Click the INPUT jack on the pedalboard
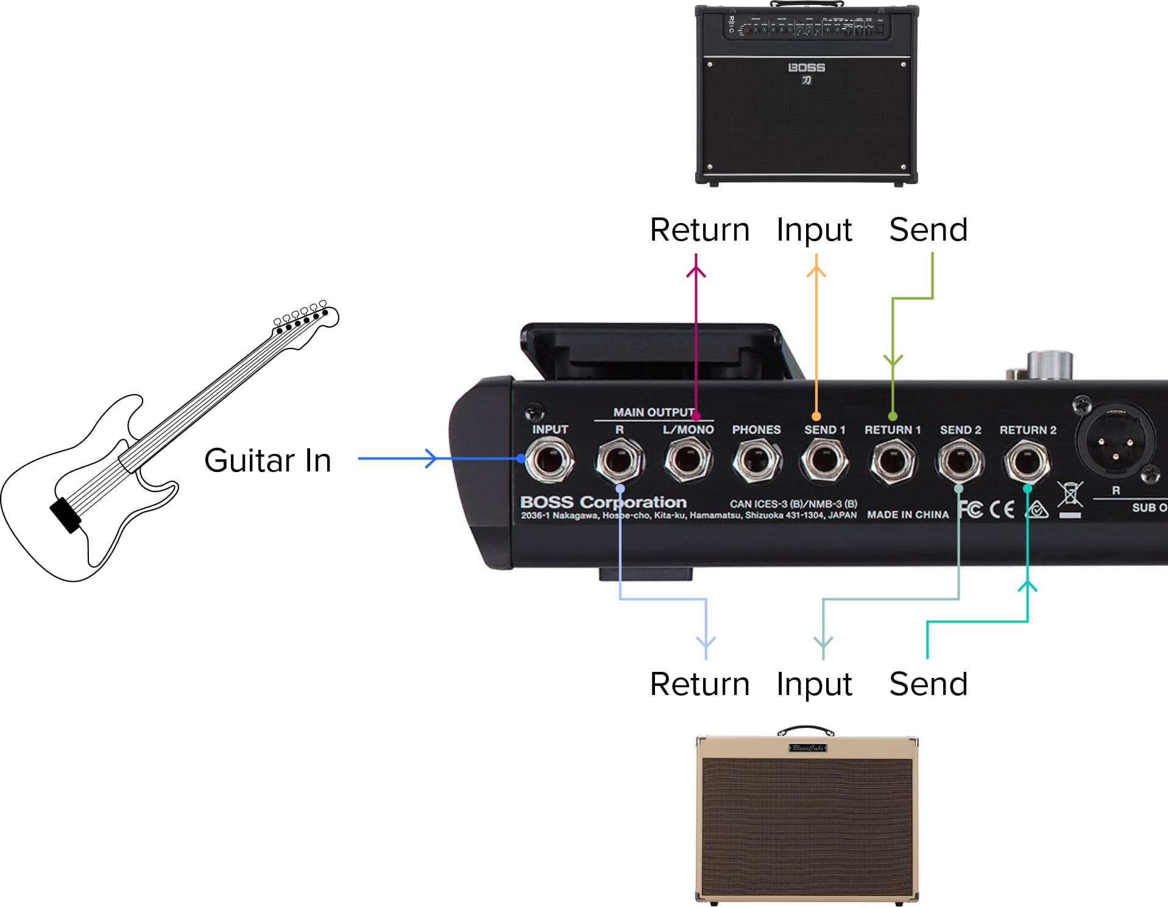coord(549,460)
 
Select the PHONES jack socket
coord(756,460)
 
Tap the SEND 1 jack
coord(824,460)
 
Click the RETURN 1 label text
coord(892,430)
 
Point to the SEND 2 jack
coord(960,461)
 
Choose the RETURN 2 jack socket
coord(1027,461)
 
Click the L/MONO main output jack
coord(688,460)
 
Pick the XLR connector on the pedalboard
coord(1114,440)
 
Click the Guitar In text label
coord(267,461)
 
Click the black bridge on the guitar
coord(65,515)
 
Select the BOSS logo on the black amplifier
coord(806,68)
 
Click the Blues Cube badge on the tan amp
coord(807,747)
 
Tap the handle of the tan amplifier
coord(805,729)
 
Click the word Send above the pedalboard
coord(928,230)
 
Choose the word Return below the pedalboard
coord(699,684)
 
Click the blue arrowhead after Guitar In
coord(431,458)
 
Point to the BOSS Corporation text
coord(603,502)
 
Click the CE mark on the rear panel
coord(1002,509)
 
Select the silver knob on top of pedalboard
coord(1049,365)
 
